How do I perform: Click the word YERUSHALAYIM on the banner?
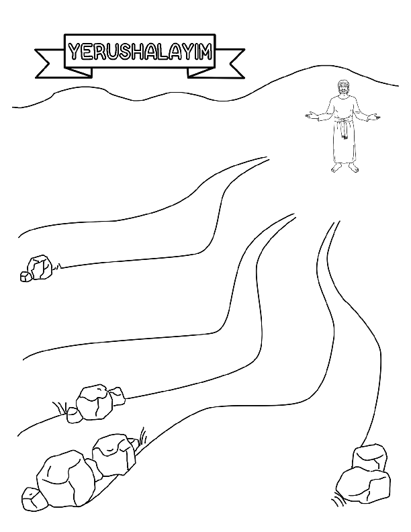tap(140, 52)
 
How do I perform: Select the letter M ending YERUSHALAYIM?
tap(205, 52)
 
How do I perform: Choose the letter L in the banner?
tap(161, 52)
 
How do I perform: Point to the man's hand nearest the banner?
tap(310, 116)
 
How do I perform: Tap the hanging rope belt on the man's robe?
tap(345, 128)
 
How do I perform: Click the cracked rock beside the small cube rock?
tap(40, 267)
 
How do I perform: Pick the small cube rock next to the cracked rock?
tap(26, 277)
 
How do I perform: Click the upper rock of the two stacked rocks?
tap(369, 458)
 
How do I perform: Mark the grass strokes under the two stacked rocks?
tap(338, 501)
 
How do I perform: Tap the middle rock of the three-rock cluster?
tap(95, 403)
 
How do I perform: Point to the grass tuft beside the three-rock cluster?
tap(60, 408)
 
